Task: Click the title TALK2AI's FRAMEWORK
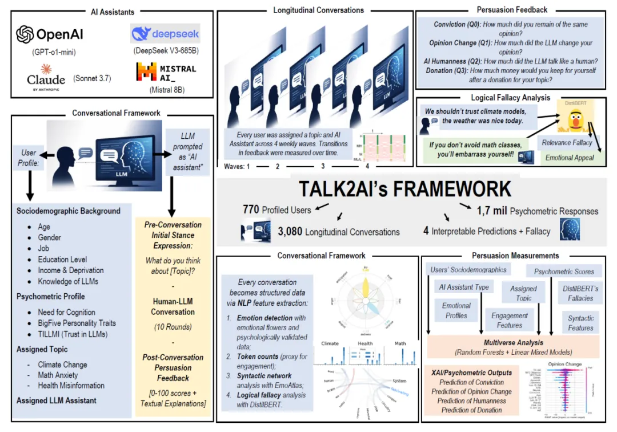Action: pyautogui.click(x=406, y=189)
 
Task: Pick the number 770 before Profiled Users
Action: pyautogui.click(x=252, y=210)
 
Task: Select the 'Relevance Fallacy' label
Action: pyautogui.click(x=568, y=143)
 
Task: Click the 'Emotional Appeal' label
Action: pyautogui.click(x=569, y=157)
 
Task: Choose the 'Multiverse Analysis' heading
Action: pyautogui.click(x=513, y=342)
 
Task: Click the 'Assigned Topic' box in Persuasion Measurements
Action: pyautogui.click(x=523, y=293)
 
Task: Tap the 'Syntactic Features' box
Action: pyautogui.click(x=580, y=323)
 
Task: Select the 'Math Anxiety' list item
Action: pyautogui.click(x=63, y=375)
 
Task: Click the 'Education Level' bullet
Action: pyautogui.click(x=63, y=259)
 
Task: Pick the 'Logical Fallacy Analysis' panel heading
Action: pyautogui.click(x=510, y=98)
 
